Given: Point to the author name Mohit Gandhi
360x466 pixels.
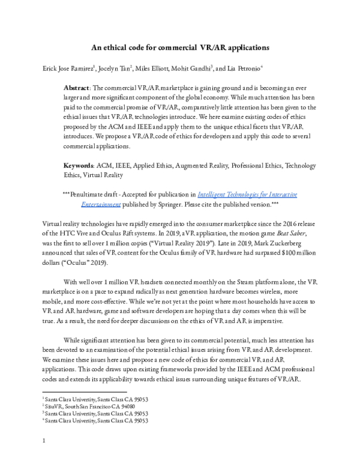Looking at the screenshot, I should click(x=194, y=68).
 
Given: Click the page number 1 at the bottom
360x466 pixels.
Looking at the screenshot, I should click(x=44, y=444).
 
